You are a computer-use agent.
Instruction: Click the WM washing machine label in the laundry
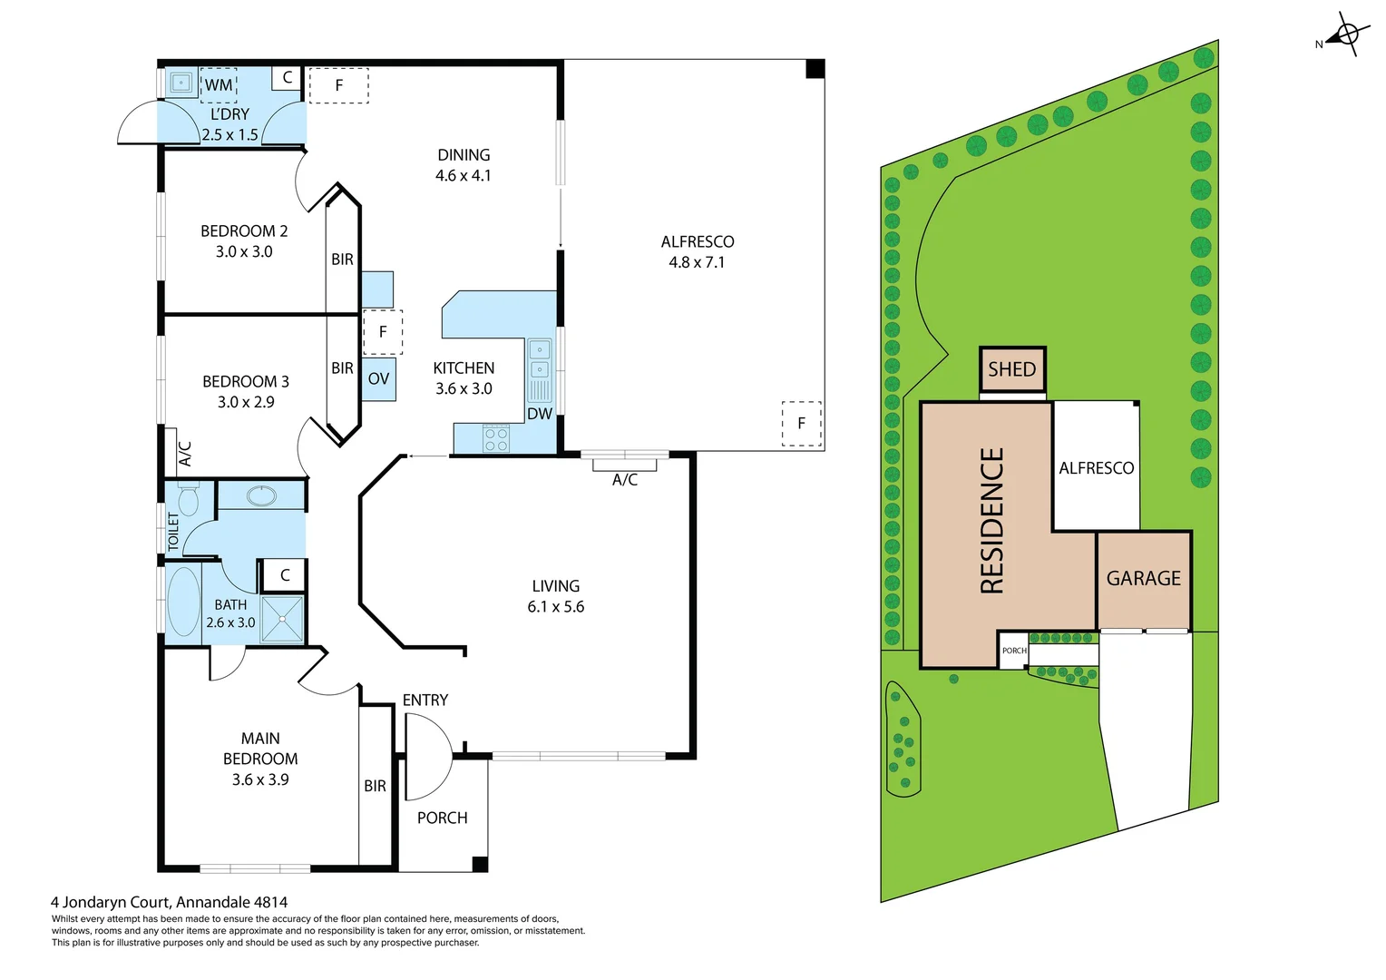coord(218,85)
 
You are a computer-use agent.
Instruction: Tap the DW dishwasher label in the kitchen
coord(540,414)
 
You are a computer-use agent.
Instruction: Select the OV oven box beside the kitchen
coord(378,378)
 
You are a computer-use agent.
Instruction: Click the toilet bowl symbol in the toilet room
coord(188,500)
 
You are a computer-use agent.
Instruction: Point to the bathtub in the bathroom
coord(184,602)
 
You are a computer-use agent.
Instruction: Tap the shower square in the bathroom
coord(282,620)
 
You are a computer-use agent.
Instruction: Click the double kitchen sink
coord(540,359)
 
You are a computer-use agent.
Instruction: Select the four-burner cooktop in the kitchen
coord(496,439)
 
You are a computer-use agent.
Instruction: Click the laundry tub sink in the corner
coord(181,83)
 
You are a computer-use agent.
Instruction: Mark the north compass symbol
coord(1346,35)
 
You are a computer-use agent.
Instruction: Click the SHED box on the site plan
coord(1012,370)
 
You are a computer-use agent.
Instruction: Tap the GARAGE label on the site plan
coord(1144,579)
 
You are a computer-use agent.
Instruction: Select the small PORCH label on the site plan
coord(1014,651)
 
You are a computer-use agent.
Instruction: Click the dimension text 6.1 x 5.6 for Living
coord(556,607)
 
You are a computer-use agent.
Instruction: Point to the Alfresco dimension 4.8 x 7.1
coord(697,262)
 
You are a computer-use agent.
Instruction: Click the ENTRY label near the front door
coord(425,701)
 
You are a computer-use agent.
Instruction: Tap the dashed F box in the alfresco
coord(802,424)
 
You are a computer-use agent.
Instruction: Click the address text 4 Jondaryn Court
coord(169,902)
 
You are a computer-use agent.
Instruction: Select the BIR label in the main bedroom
coord(375,787)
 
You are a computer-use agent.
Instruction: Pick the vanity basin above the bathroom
coord(262,496)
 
